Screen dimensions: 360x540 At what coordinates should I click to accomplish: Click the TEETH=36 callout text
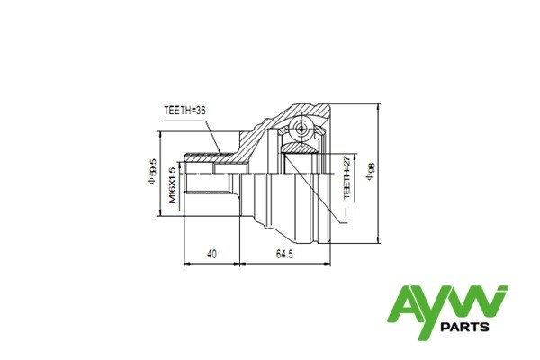pyautogui.click(x=185, y=111)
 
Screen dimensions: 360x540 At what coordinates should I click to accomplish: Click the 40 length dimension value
pyautogui.click(x=211, y=254)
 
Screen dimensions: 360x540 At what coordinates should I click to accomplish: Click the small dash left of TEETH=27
pyautogui.click(x=337, y=209)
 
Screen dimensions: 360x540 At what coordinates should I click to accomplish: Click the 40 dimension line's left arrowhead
pyautogui.click(x=186, y=264)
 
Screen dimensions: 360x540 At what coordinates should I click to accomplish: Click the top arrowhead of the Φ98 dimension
pyautogui.click(x=378, y=106)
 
